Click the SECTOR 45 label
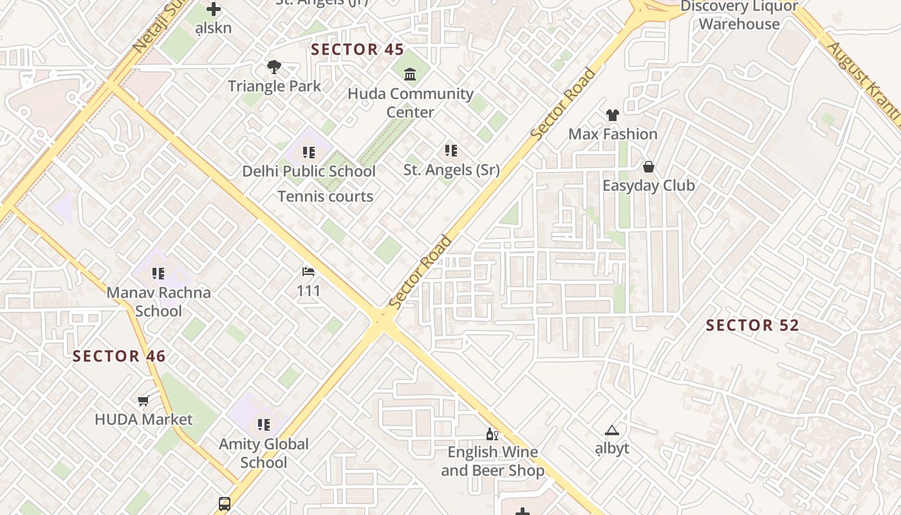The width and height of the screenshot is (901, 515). click(357, 50)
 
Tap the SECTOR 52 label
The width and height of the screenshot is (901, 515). click(752, 325)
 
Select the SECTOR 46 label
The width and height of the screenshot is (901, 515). click(119, 356)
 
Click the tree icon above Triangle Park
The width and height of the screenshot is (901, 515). click(274, 67)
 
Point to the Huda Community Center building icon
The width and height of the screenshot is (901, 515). click(410, 74)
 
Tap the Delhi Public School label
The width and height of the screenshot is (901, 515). click(309, 171)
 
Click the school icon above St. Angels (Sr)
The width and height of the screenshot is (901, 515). click(451, 151)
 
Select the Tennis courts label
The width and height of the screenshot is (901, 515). click(325, 196)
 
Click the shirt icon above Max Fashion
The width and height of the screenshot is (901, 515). click(612, 115)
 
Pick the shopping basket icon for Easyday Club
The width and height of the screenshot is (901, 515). click(648, 167)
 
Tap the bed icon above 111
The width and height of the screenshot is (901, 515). click(308, 272)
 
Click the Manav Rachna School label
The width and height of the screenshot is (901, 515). click(158, 301)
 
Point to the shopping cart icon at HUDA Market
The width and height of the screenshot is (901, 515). click(144, 400)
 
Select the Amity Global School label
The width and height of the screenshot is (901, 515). click(264, 453)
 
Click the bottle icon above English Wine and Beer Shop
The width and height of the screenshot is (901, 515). click(492, 434)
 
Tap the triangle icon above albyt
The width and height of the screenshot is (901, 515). click(611, 430)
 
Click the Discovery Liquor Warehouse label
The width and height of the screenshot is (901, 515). click(739, 15)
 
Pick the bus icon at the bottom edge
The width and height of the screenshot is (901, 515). click(225, 503)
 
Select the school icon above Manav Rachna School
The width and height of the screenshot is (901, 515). click(158, 274)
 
